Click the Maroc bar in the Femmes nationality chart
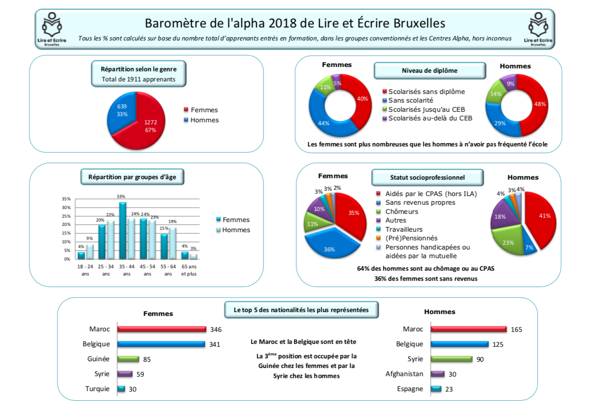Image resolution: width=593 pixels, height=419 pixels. pyautogui.click(x=162, y=329)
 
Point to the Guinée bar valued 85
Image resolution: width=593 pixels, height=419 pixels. pyautogui.click(x=128, y=359)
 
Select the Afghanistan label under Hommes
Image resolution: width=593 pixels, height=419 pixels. pyautogui.click(x=404, y=374)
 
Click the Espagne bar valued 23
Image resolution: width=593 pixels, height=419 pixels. pyautogui.click(x=436, y=389)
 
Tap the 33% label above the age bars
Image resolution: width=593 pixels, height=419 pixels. pyautogui.click(x=121, y=196)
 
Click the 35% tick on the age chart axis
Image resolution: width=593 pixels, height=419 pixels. pyautogui.click(x=66, y=199)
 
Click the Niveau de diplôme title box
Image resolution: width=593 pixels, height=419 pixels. pyautogui.click(x=430, y=71)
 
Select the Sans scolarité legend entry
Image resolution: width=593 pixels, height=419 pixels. pyautogui.click(x=410, y=100)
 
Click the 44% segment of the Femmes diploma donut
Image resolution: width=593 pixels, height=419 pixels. pyautogui.click(x=324, y=123)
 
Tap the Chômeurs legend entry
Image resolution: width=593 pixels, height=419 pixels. pyautogui.click(x=401, y=211)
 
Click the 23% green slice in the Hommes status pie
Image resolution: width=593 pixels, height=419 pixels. pyautogui.click(x=508, y=241)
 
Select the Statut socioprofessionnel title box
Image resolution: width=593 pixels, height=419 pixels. pyautogui.click(x=427, y=178)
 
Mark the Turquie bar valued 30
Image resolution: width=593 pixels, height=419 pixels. pyautogui.click(x=121, y=389)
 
